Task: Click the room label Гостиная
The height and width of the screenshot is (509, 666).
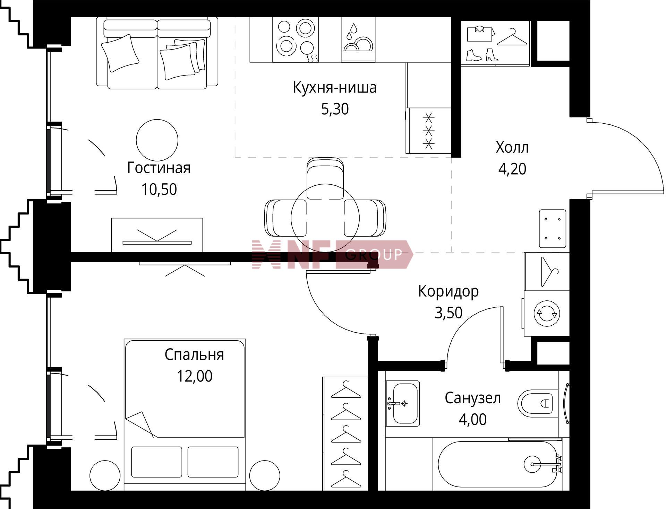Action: (x=159, y=168)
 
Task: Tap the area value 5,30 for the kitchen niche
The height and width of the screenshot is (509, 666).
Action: (x=335, y=109)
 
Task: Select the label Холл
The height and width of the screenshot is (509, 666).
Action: (x=512, y=148)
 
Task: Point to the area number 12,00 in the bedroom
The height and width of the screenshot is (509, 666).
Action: (x=195, y=376)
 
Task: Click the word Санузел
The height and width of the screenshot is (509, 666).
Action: (x=472, y=398)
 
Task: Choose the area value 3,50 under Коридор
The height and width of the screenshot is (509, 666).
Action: (x=449, y=313)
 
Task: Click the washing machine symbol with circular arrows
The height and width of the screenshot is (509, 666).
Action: (x=547, y=313)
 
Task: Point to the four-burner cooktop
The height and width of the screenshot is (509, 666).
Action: (x=296, y=40)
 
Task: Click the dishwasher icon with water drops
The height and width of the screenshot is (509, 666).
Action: (x=358, y=40)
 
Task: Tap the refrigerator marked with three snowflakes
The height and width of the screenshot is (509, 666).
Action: (x=429, y=130)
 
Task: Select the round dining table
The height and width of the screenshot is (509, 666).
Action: (x=325, y=218)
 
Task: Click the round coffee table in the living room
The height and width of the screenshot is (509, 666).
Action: (x=157, y=140)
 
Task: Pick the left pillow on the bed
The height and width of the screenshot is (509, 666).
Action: (x=156, y=462)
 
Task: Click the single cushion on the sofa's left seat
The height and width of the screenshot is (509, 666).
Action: (x=120, y=53)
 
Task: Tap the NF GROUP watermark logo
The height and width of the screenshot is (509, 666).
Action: (x=332, y=254)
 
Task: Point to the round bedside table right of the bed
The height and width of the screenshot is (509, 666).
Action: (x=265, y=475)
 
